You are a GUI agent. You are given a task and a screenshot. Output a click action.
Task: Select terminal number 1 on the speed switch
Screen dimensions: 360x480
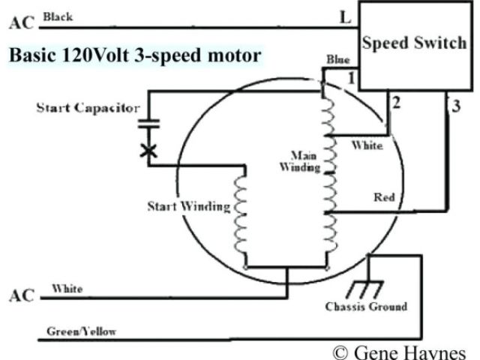[349, 77]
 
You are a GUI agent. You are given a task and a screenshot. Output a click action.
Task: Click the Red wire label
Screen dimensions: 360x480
[383, 197]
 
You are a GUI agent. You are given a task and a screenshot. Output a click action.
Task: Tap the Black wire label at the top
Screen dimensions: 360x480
[59, 16]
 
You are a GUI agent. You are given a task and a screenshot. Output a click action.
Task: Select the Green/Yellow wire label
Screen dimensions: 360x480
[81, 331]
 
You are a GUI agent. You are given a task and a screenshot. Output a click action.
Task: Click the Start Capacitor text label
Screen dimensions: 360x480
[88, 108]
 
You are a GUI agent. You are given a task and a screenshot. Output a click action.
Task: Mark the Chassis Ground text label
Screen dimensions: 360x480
[366, 307]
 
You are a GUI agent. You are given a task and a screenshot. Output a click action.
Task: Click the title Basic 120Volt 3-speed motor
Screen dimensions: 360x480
[135, 55]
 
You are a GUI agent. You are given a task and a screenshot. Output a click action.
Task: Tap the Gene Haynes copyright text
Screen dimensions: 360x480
[400, 352]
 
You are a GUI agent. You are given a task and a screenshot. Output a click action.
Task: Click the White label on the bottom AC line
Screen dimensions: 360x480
[67, 289]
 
